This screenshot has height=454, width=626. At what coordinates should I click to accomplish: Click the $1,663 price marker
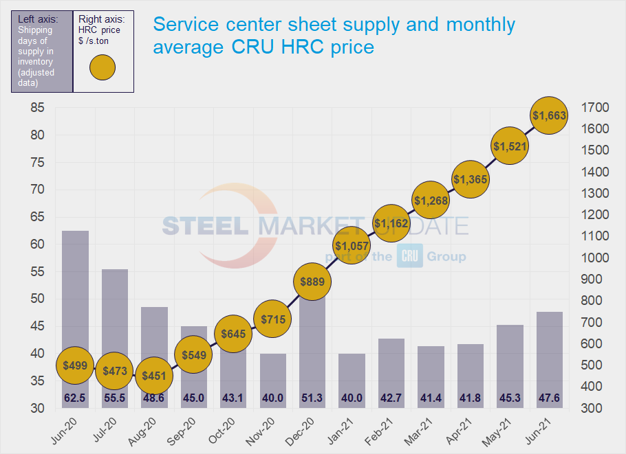548,116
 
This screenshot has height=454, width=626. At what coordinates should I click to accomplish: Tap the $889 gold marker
312,281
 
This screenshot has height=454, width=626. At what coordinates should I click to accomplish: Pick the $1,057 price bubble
352,245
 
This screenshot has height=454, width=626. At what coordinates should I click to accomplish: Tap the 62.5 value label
75,398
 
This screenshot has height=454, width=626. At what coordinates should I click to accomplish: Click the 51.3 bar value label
312,398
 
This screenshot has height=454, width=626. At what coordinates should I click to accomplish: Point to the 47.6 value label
549,398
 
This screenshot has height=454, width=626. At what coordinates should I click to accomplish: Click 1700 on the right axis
594,108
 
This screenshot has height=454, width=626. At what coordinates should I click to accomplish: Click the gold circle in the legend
102,67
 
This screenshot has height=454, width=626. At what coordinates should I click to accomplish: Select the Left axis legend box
41,51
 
